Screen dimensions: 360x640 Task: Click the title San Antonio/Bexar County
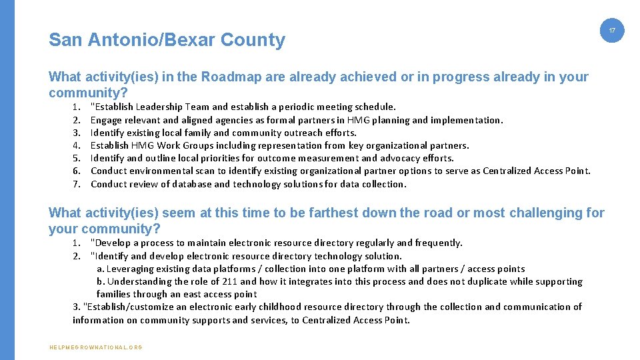tap(167, 40)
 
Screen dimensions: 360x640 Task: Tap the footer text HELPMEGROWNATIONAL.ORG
tap(95, 347)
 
